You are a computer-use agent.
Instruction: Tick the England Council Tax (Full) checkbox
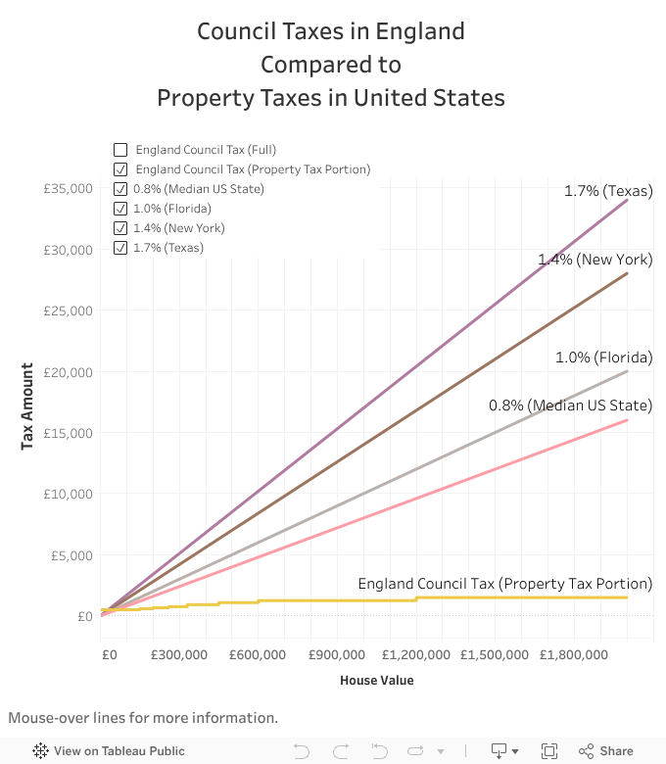point(120,150)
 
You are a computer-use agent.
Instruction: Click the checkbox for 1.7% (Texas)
point(120,248)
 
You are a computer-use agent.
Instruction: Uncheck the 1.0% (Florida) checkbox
point(120,209)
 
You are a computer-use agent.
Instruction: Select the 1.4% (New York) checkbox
point(120,228)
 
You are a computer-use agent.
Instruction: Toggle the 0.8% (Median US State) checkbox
point(120,189)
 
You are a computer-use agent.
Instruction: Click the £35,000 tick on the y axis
point(68,188)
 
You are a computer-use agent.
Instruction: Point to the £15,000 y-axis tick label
point(68,433)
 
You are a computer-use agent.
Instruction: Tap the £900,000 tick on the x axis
point(337,654)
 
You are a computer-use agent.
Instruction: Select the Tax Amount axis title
point(28,406)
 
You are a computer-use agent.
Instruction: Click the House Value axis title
point(376,680)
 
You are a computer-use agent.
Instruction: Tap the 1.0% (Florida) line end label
point(603,358)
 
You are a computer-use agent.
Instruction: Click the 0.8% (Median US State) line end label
point(570,406)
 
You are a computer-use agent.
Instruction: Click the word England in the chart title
point(426,31)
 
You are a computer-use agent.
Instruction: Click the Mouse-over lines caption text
point(143,718)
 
